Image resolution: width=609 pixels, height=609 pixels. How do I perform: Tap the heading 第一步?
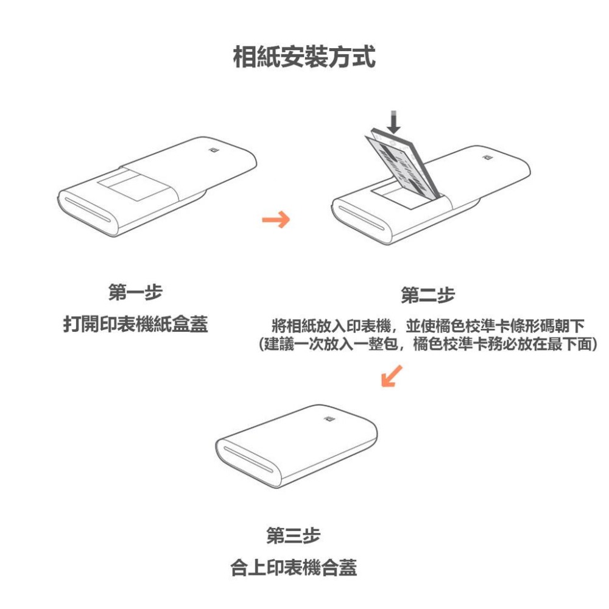(x=135, y=294)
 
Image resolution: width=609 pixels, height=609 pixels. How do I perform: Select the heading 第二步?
(x=428, y=297)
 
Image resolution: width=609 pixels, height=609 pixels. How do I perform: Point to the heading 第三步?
(x=294, y=537)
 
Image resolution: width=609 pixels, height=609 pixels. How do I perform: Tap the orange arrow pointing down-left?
(x=391, y=376)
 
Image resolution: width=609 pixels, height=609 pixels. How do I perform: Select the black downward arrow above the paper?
(x=395, y=122)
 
